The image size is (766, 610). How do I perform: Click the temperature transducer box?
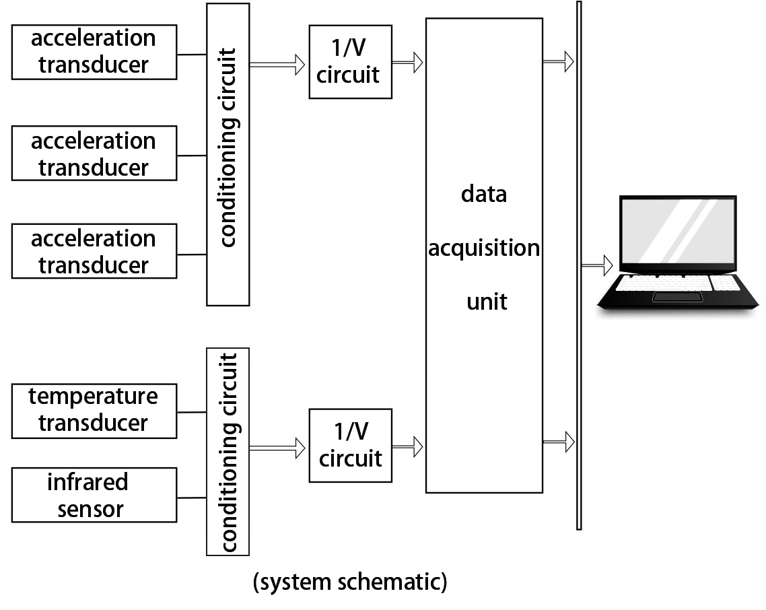click(94, 411)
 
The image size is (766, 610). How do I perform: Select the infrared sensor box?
click(94, 496)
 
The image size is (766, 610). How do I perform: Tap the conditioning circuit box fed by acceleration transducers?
click(228, 154)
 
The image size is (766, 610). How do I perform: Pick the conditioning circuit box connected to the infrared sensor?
click(228, 451)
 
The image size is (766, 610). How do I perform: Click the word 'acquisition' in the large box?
click(484, 248)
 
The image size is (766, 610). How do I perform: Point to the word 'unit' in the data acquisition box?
click(487, 301)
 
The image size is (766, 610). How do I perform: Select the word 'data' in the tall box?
click(483, 195)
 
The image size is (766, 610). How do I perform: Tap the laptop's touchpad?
click(677, 297)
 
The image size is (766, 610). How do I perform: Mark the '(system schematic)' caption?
click(350, 582)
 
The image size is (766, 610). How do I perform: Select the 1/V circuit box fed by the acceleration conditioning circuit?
click(350, 62)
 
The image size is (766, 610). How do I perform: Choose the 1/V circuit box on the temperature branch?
click(350, 445)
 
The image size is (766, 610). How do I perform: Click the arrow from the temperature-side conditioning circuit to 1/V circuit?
click(277, 445)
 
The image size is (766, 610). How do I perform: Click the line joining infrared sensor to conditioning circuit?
click(191, 498)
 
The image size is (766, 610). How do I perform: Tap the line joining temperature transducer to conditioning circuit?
click(191, 412)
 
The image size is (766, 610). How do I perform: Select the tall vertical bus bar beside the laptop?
click(579, 265)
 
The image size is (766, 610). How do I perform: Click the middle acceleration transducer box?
click(94, 154)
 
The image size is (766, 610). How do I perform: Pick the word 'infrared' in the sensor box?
click(88, 483)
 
